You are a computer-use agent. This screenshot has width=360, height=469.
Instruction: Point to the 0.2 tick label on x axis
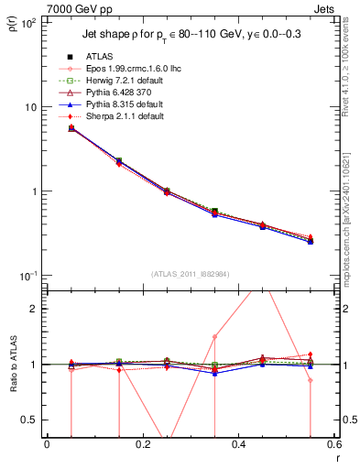142,444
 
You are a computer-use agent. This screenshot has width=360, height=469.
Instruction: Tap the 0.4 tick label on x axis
238,444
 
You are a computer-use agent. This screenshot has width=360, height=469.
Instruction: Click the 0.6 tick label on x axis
333,444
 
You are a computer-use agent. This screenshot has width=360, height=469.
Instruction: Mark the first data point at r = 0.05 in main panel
71,128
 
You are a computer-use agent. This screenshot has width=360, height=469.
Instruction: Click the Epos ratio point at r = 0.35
214,336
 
